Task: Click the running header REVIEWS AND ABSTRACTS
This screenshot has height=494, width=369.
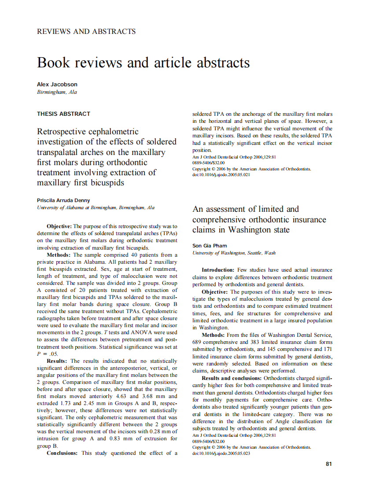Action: (86, 32)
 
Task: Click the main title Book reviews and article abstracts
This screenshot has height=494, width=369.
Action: (144, 63)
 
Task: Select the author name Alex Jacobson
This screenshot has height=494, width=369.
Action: (57, 84)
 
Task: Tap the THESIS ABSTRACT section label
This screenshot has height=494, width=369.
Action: (63, 114)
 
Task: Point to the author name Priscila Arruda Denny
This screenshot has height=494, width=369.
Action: (63, 200)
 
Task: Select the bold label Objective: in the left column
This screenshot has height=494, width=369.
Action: (59, 226)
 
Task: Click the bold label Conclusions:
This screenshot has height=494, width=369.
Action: (62, 453)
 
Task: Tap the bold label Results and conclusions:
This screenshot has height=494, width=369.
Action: (231, 378)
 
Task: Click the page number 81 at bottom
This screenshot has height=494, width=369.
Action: (328, 464)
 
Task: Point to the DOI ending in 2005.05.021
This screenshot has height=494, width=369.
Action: (221, 174)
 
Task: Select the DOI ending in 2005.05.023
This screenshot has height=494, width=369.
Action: (221, 453)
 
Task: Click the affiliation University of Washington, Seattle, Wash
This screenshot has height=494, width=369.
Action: (234, 253)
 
